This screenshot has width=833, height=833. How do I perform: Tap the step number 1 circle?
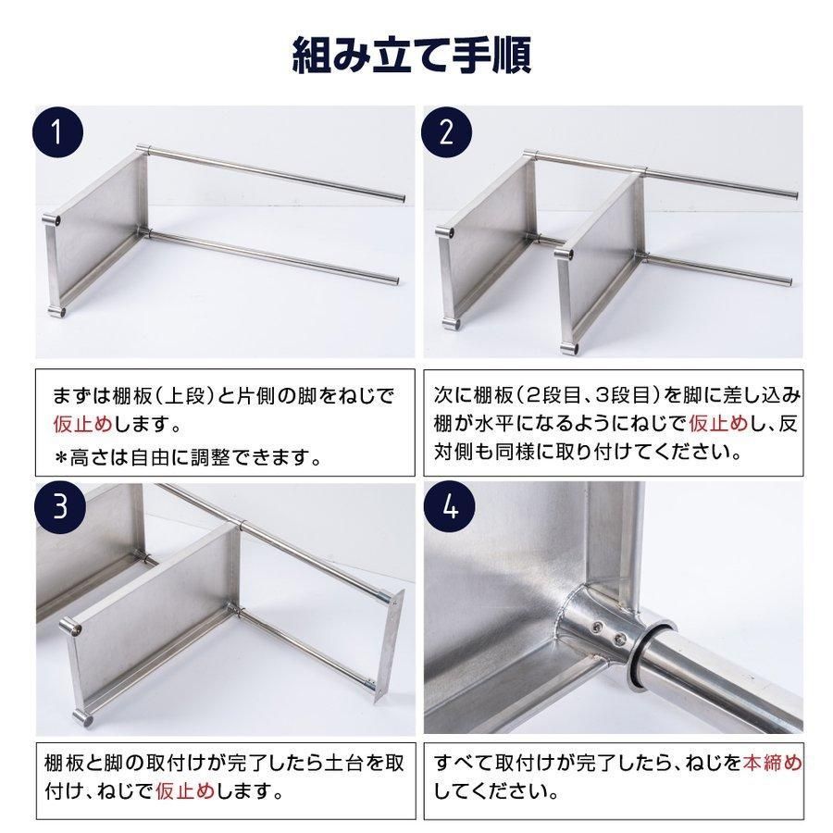point(59,132)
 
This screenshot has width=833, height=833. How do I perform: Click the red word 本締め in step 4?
point(773,765)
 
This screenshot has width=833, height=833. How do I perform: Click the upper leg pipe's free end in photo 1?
point(400,196)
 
